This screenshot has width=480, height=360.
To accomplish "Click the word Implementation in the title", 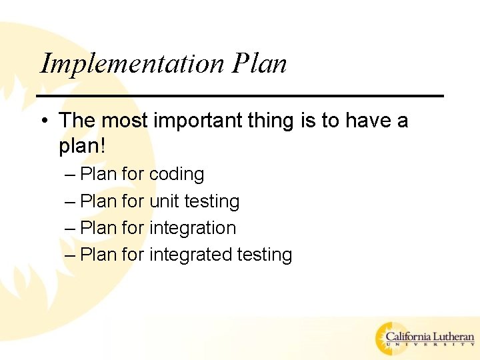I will tap(133, 64).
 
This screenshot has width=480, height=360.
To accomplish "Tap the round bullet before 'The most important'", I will tap(43, 121).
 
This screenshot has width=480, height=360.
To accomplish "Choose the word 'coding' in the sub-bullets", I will tap(177, 175).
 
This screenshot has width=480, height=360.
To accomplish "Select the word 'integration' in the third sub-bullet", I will tap(193, 228).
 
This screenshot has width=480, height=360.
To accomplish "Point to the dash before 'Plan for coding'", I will tap(71, 175).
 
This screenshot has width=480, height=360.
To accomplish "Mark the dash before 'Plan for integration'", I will tap(71, 228).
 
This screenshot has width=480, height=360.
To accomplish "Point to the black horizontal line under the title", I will tap(240, 96).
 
